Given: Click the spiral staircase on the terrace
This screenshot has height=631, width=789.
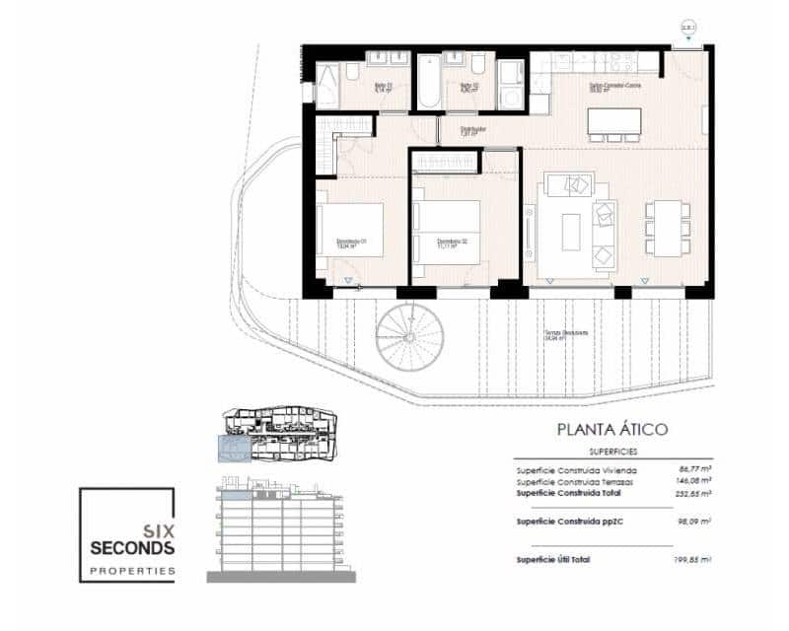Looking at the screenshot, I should [409, 338].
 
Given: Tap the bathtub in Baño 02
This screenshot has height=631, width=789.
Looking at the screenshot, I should [430, 82].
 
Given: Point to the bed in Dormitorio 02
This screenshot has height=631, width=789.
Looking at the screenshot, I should [447, 231].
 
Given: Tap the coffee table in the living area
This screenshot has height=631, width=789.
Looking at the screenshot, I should [571, 233].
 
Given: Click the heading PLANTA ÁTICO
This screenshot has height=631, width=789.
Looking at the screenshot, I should [612, 429].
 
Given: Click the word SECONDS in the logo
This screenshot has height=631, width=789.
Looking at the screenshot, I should [132, 547].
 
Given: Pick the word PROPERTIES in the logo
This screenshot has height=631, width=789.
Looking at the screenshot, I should [132, 570].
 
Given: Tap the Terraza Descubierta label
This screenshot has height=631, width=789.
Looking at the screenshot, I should [565, 334].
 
